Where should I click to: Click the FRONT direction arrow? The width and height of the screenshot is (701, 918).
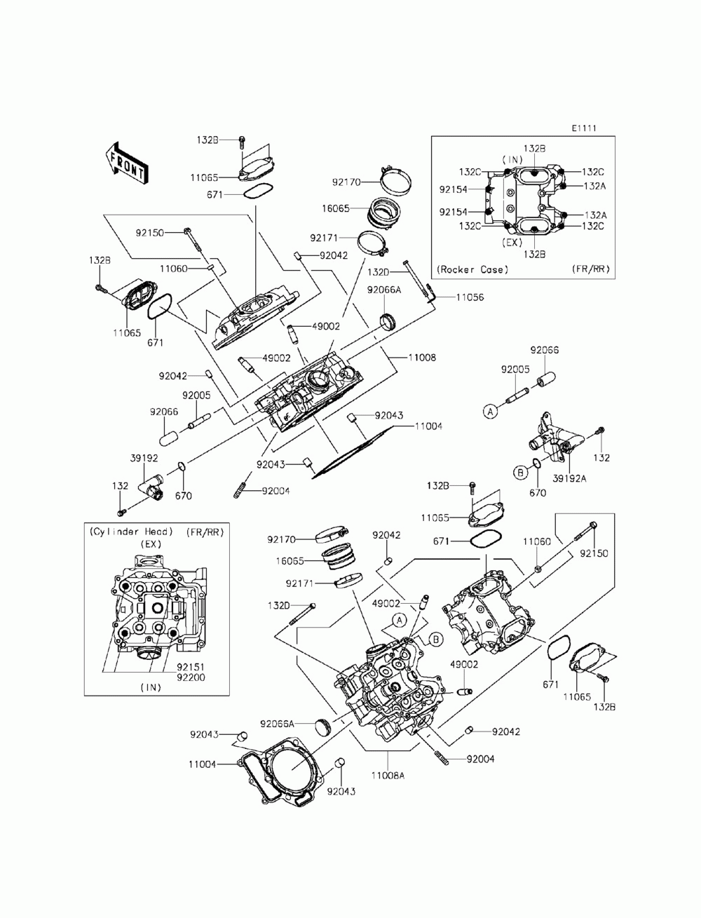point(126,163)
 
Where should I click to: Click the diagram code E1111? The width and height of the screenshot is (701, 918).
point(583,128)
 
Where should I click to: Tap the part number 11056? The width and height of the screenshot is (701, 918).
point(470,297)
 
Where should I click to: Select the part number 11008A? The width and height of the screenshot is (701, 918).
point(388,776)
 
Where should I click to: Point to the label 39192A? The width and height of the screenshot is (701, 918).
point(569,479)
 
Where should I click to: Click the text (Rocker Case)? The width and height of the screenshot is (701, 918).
point(472,270)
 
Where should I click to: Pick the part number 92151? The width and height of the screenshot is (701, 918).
point(191,667)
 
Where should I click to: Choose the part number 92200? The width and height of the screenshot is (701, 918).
point(191,677)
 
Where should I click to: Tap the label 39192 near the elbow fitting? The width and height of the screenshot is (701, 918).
point(144,459)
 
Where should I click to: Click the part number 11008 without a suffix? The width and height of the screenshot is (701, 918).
point(422,358)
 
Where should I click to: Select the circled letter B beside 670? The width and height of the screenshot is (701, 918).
point(520,473)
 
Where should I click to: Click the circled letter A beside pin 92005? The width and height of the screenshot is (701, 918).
point(490,412)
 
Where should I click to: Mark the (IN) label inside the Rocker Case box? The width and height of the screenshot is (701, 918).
point(512,160)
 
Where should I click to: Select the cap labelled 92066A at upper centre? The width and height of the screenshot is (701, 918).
point(387,322)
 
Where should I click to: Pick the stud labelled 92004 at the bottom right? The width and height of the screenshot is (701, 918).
point(442,758)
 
